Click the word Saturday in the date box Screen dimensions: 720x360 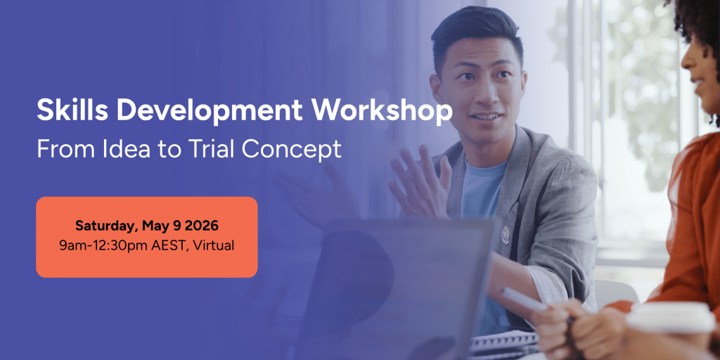pyautogui.click(x=106, y=226)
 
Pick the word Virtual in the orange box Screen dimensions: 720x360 pyautogui.click(x=214, y=245)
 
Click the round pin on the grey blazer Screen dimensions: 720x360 pyautogui.click(x=505, y=234)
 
